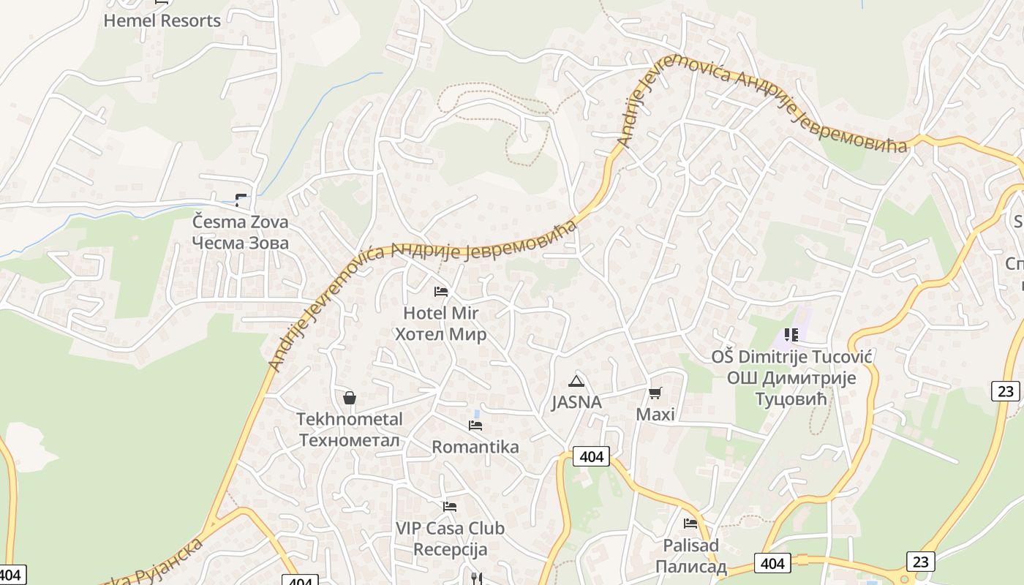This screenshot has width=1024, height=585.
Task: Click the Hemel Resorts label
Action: coord(162,20)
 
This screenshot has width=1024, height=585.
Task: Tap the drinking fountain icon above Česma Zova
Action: coord(241,200)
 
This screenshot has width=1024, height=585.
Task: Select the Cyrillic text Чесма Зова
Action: coord(240,243)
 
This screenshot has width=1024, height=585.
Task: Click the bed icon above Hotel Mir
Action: coord(440,292)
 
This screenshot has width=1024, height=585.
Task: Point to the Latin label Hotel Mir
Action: coord(440,313)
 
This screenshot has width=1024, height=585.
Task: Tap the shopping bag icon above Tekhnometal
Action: coord(350,398)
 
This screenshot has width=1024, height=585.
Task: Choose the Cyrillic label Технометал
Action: coord(350,440)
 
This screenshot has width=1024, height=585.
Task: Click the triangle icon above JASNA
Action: coord(576,381)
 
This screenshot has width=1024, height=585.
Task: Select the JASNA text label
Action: coord(576,402)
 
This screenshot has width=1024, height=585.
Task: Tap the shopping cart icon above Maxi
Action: coord(655,393)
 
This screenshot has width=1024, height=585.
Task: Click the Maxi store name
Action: coord(655,415)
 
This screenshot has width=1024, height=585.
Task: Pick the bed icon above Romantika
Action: coord(475,426)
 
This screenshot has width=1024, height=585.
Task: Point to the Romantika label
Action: coord(475,447)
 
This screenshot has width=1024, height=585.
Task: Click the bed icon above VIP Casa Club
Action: coord(450,506)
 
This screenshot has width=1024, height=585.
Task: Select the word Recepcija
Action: coord(450,548)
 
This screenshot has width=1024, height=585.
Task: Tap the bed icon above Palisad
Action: coord(690,524)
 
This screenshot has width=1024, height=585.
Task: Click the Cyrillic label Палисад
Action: coord(690,567)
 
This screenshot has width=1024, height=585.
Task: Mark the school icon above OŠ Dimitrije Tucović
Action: coord(791,335)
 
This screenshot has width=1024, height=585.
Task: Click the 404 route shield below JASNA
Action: coord(591,457)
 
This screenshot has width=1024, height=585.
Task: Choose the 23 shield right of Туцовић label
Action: coord(1006,391)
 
